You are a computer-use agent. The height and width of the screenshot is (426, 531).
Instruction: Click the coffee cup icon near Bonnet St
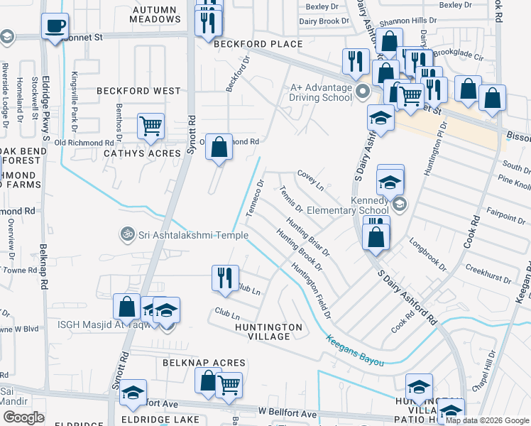[x=54, y=28]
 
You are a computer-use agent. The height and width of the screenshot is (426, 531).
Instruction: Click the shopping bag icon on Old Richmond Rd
[x=219, y=148]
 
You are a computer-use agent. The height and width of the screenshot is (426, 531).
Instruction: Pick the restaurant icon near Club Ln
[x=225, y=278]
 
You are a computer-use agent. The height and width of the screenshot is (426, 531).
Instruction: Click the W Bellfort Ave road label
[x=286, y=413]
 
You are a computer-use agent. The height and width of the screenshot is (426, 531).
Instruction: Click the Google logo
[x=25, y=417]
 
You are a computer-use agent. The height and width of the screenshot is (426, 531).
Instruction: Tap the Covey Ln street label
[x=310, y=180]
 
